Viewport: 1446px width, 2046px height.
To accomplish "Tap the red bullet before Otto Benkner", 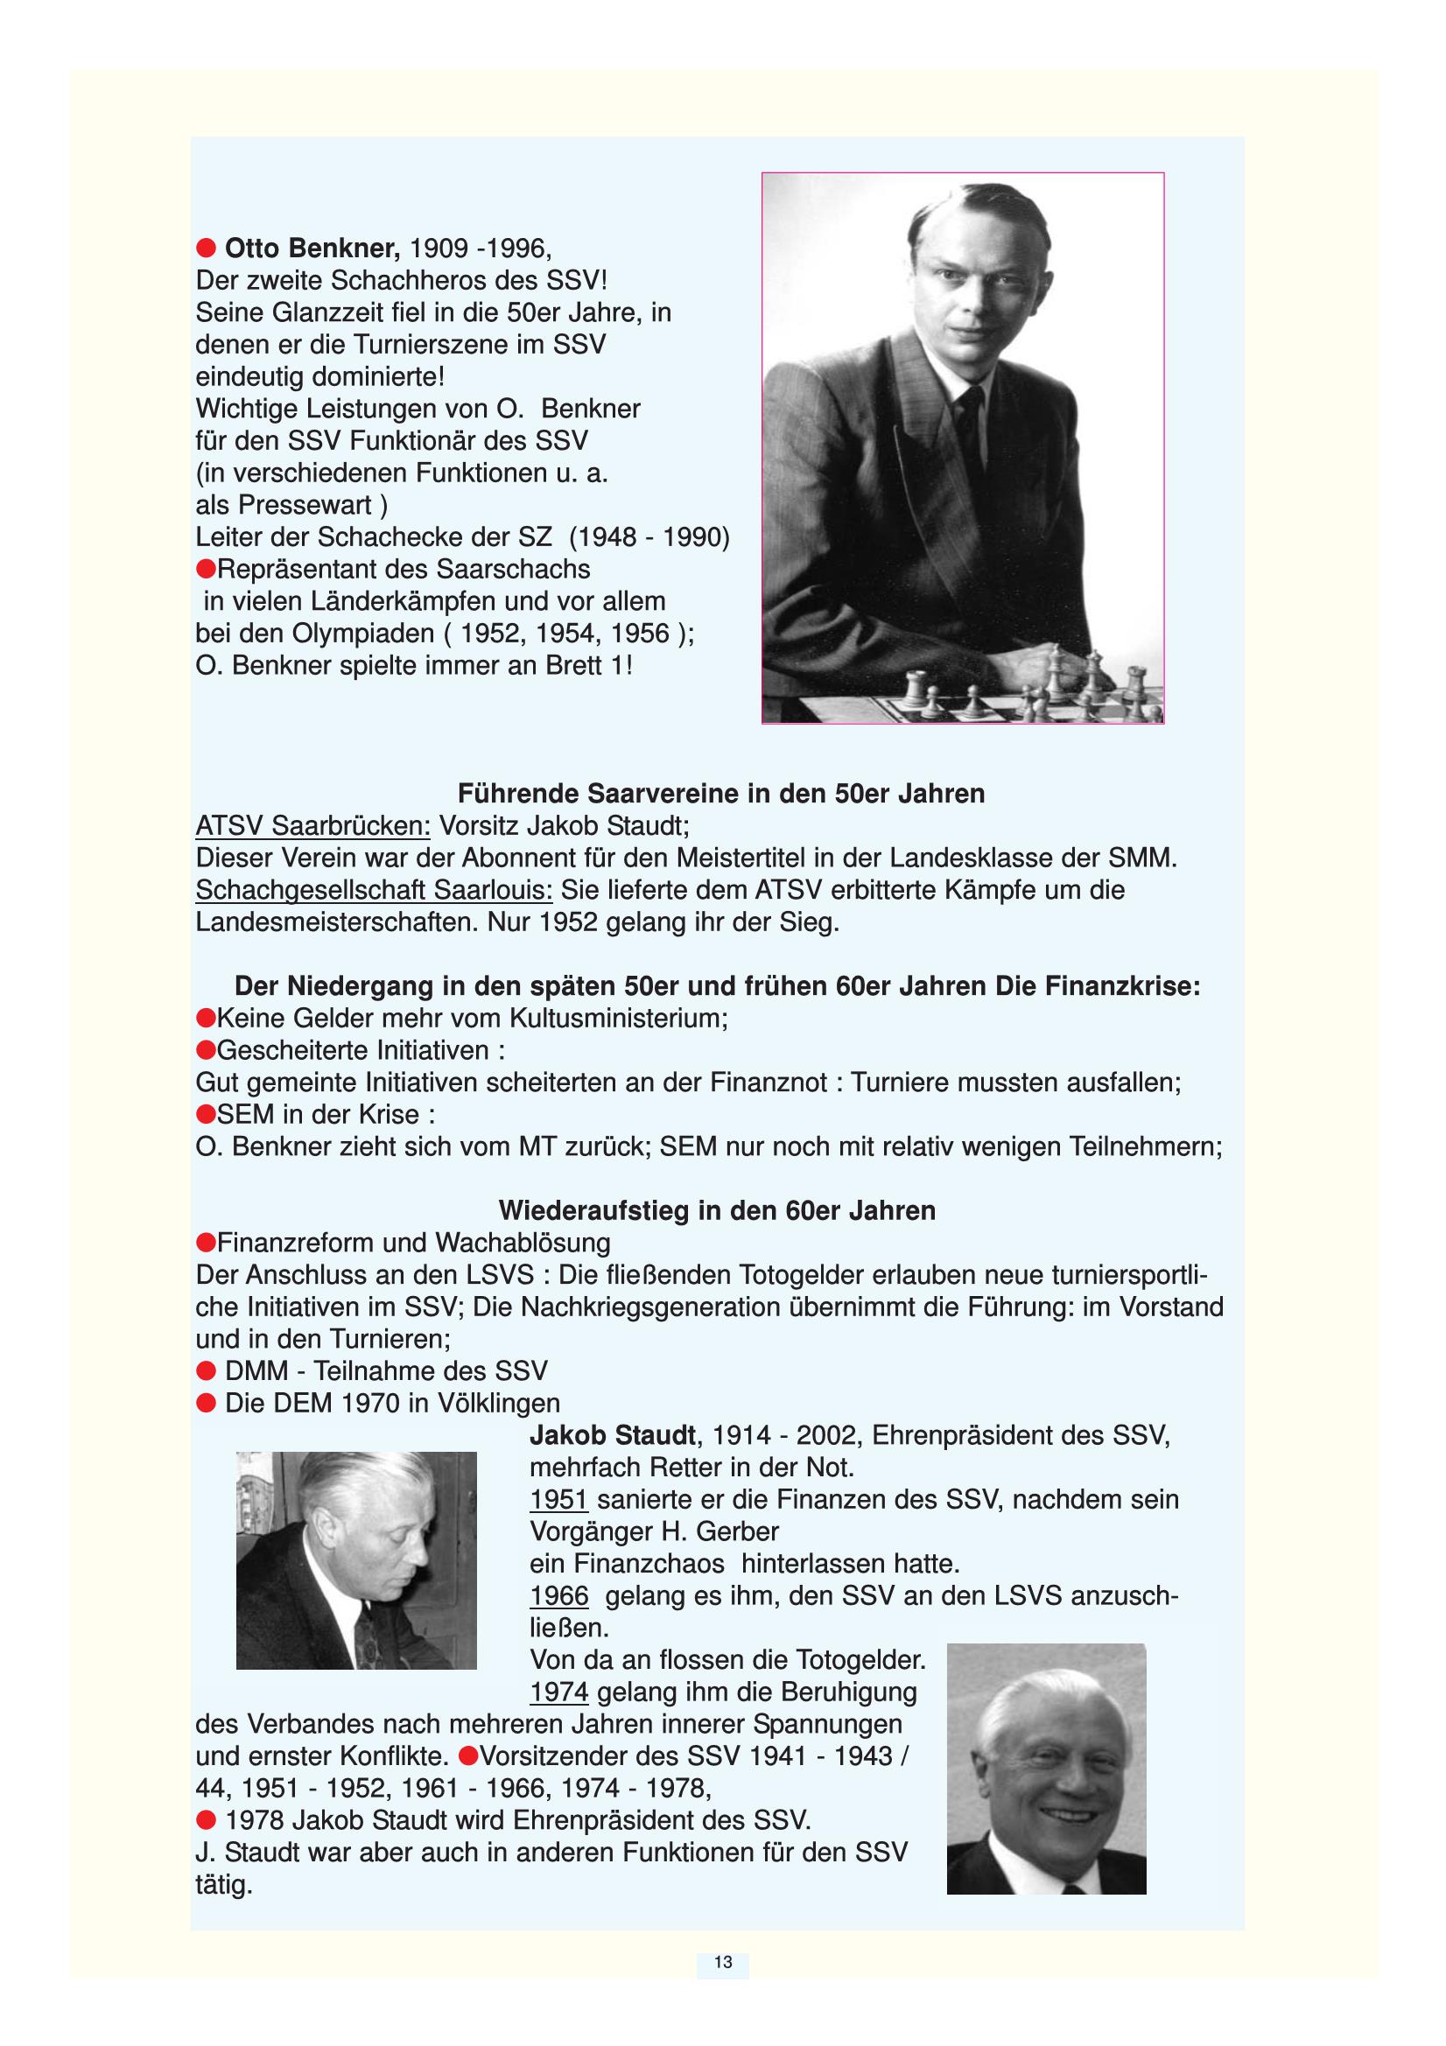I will pyautogui.click(x=206, y=247).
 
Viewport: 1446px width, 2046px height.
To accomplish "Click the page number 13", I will pyautogui.click(x=723, y=1961).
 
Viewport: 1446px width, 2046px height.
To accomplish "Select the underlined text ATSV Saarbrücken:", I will pyautogui.click(x=312, y=826).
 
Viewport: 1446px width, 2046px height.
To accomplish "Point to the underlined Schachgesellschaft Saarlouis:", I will pyautogui.click(x=374, y=890).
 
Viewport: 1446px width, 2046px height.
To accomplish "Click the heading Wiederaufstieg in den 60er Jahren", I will pyautogui.click(x=717, y=1210).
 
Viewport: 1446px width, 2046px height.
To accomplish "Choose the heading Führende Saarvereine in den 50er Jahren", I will pyautogui.click(x=720, y=793).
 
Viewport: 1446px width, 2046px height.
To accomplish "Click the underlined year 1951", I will pyautogui.click(x=559, y=1499).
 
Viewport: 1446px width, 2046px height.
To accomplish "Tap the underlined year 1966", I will pyautogui.click(x=559, y=1595).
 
